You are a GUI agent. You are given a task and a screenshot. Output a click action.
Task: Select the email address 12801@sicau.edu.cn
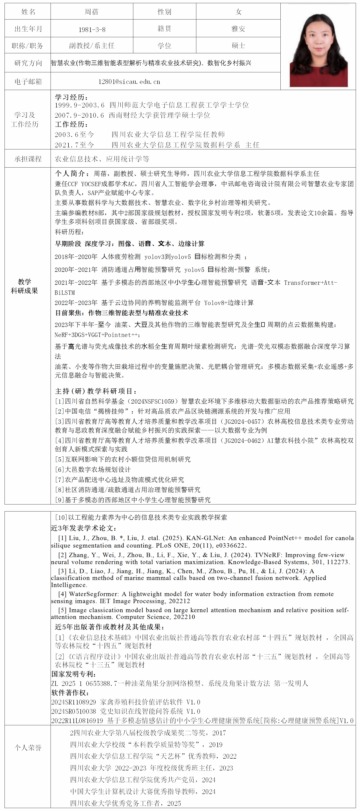[x=129, y=82]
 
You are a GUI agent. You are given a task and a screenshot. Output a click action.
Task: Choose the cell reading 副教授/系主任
[x=92, y=46]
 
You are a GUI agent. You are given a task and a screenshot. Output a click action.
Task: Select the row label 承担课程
[x=28, y=159]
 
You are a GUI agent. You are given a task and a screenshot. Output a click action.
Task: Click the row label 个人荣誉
[x=28, y=748]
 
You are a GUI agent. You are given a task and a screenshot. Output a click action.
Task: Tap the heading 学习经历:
[x=71, y=97]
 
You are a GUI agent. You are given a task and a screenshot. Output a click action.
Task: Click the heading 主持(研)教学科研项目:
[x=96, y=391]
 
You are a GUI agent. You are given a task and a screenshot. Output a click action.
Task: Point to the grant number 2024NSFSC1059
[x=153, y=401]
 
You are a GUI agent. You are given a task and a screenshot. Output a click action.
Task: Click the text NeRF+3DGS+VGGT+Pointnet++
[x=96, y=335]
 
